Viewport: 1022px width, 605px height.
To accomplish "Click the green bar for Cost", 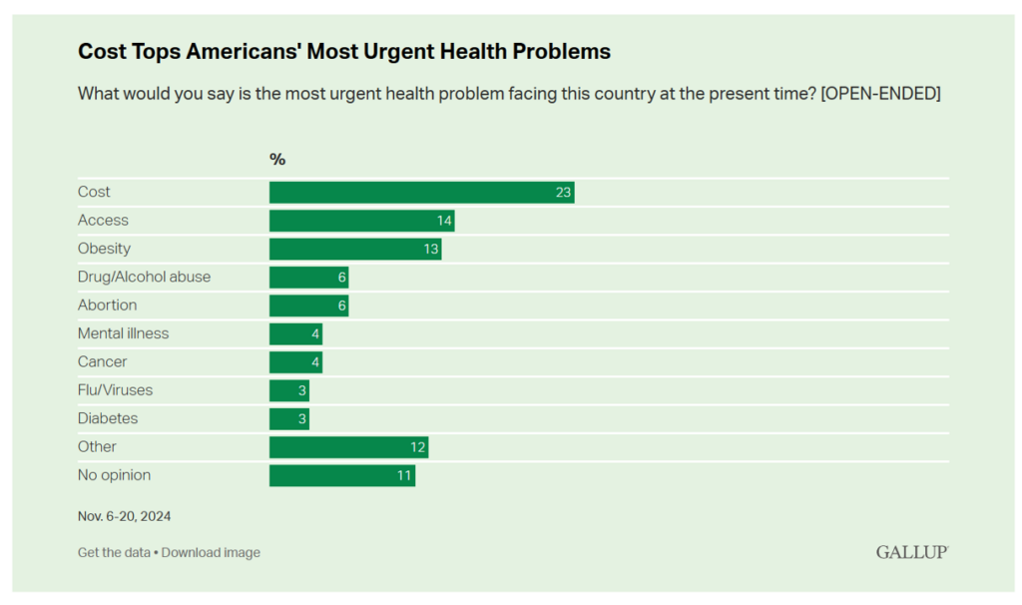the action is pyautogui.click(x=422, y=193).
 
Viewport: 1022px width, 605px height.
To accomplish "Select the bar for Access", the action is pyautogui.click(x=361, y=221).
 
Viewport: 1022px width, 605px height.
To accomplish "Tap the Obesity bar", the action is pyautogui.click(x=355, y=249).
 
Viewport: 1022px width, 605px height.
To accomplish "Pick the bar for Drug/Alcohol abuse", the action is pyautogui.click(x=309, y=278).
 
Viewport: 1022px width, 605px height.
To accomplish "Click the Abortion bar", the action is pyautogui.click(x=309, y=305).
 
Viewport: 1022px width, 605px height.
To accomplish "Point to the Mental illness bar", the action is pyautogui.click(x=295, y=333).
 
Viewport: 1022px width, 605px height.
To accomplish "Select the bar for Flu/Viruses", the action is pyautogui.click(x=289, y=390).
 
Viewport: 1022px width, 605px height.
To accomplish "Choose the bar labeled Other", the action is pyautogui.click(x=348, y=447).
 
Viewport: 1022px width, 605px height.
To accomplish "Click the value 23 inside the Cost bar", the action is pyautogui.click(x=563, y=193).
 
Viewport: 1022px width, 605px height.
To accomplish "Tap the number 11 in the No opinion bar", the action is pyautogui.click(x=404, y=475).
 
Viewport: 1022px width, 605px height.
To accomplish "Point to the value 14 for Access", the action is pyautogui.click(x=444, y=221).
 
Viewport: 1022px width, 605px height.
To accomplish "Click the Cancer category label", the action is pyautogui.click(x=103, y=361).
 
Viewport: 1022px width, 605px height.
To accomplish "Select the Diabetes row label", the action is pyautogui.click(x=108, y=418).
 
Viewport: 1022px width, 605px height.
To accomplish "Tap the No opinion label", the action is pyautogui.click(x=114, y=475).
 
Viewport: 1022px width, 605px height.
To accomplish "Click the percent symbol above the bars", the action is pyautogui.click(x=277, y=159).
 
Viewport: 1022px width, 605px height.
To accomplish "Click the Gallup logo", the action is pyautogui.click(x=912, y=552).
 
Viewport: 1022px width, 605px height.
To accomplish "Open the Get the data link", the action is pyautogui.click(x=114, y=552).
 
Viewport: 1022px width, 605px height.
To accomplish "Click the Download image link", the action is pyautogui.click(x=211, y=552).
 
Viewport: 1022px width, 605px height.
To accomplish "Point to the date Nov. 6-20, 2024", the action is pyautogui.click(x=124, y=516).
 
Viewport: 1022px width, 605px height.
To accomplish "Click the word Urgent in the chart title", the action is pyautogui.click(x=392, y=51).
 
